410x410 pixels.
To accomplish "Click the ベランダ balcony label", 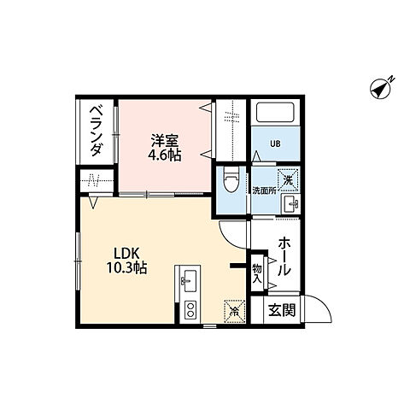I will pyautogui.click(x=97, y=132).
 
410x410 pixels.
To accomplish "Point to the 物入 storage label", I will pyautogui.click(x=256, y=272).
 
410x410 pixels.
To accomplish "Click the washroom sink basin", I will pyautogui.click(x=290, y=203).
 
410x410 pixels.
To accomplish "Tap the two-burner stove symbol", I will pyautogui.click(x=190, y=310).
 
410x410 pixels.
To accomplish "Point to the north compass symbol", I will pyautogui.click(x=381, y=86).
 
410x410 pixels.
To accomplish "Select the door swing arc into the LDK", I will pyautogui.click(x=231, y=231).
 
